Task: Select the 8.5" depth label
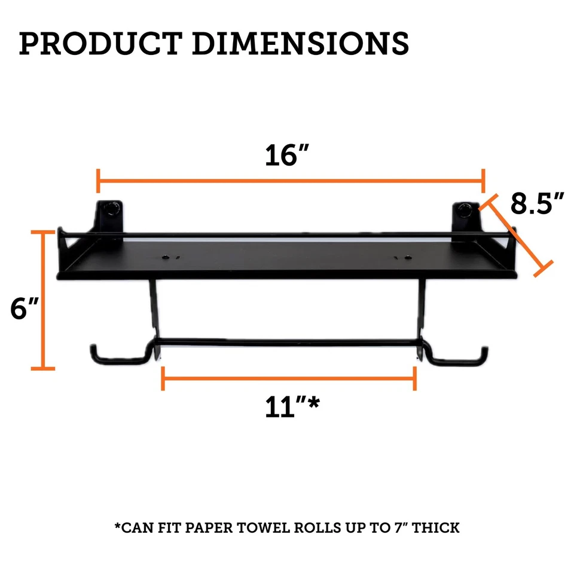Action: (538, 204)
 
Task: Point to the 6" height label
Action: (25, 309)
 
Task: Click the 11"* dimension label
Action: (291, 408)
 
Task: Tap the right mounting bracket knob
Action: (466, 209)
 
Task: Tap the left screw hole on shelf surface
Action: (164, 258)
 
